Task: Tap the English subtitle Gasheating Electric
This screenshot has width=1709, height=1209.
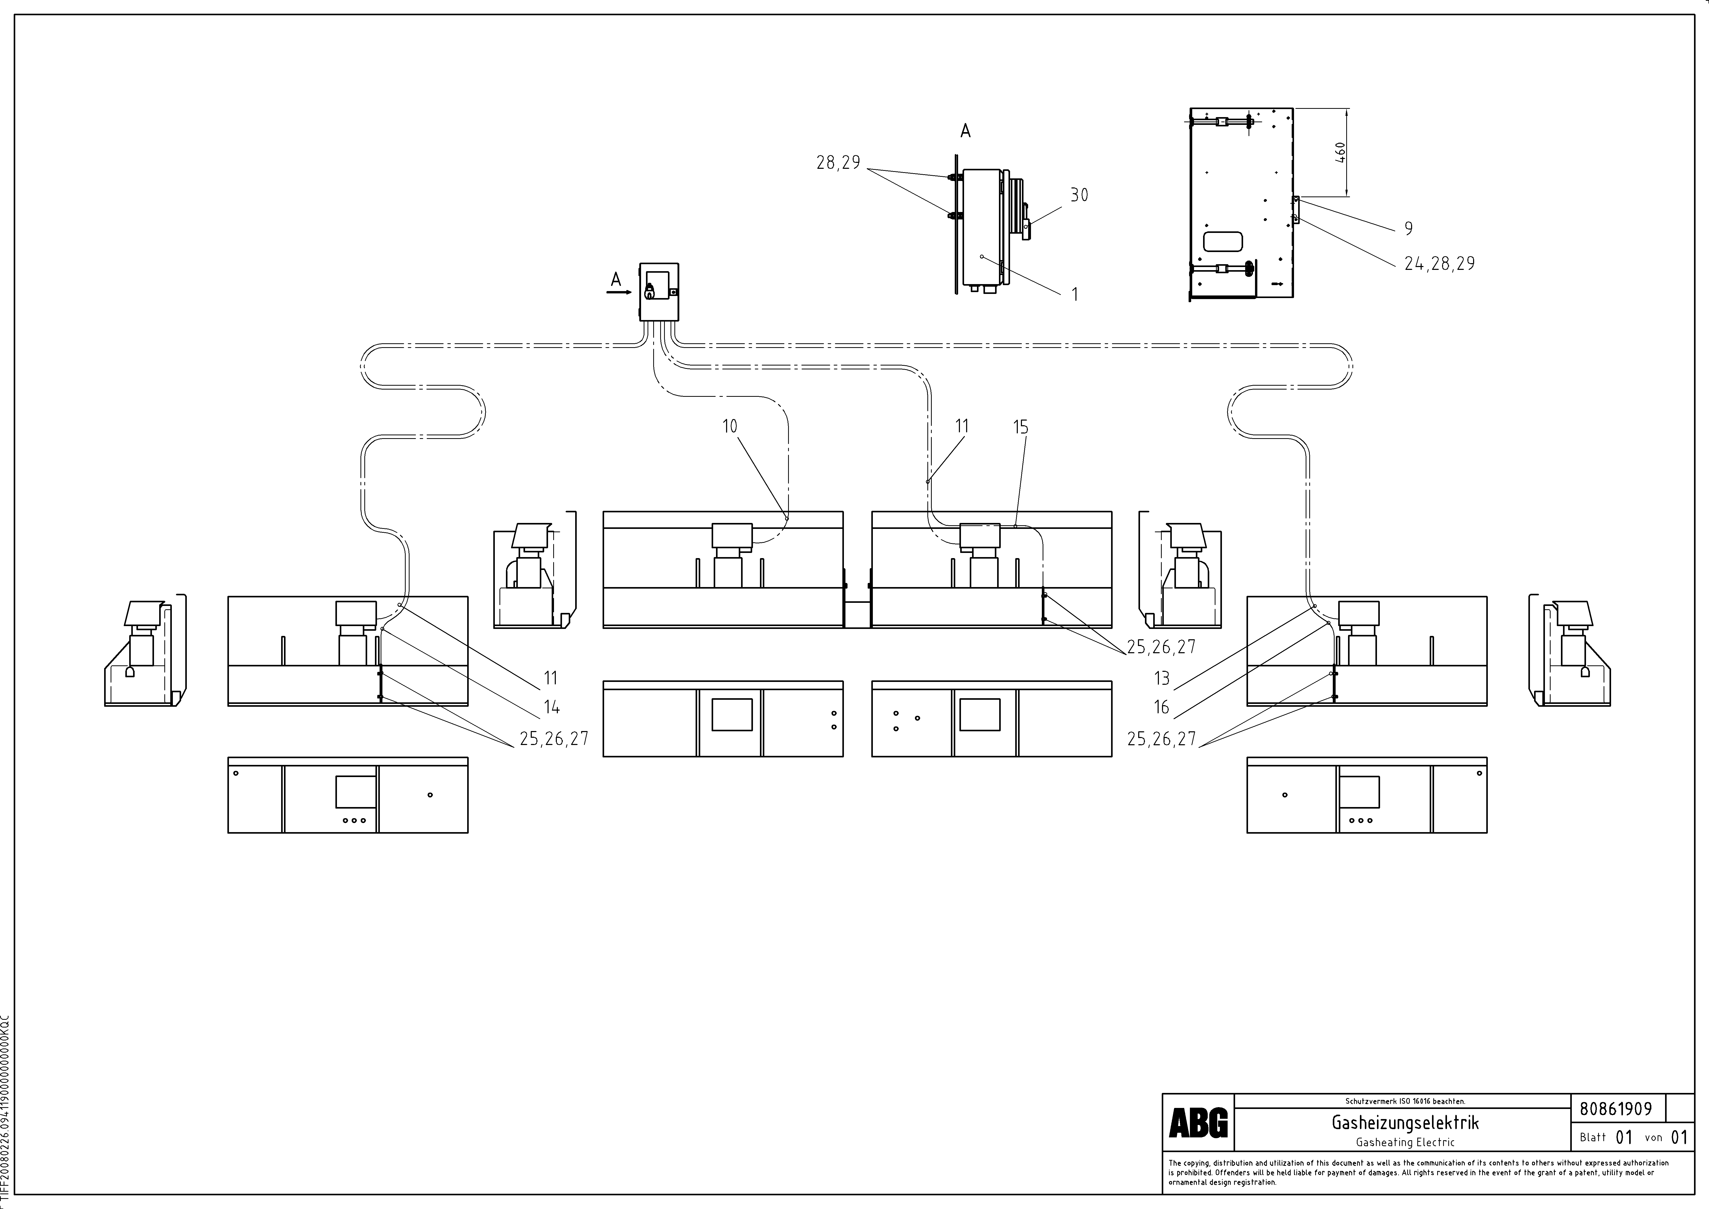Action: tap(1405, 1142)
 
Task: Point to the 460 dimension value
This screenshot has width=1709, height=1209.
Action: tap(1340, 153)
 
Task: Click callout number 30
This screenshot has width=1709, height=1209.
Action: tap(1079, 195)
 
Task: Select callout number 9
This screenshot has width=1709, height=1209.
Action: tap(1408, 229)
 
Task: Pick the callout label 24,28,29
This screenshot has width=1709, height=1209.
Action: tap(1439, 263)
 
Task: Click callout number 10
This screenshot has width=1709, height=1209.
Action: tap(729, 426)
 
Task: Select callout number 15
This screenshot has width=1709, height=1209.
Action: tap(1020, 427)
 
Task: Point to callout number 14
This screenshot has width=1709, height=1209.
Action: tap(552, 707)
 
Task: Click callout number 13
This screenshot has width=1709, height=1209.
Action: tap(1162, 678)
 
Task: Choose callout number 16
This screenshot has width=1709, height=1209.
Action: tap(1162, 707)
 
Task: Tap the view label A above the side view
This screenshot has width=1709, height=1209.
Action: tap(965, 131)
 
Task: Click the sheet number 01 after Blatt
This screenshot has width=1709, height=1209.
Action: tap(1624, 1138)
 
